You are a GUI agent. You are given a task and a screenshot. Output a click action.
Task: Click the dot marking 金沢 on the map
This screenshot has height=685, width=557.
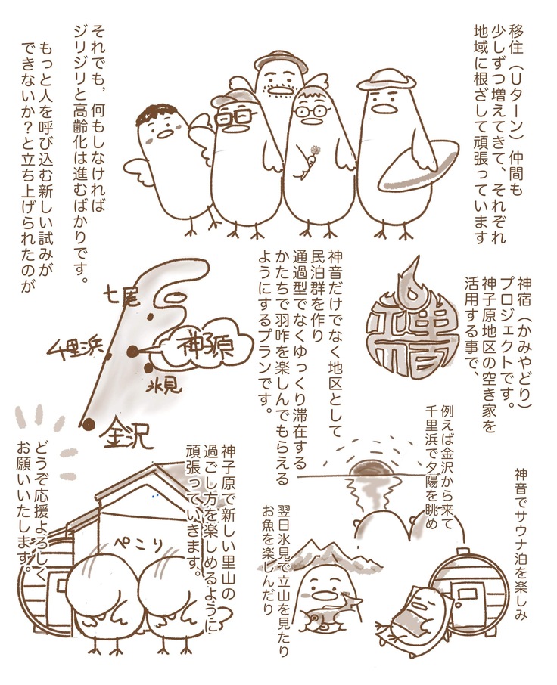pyautogui.click(x=89, y=423)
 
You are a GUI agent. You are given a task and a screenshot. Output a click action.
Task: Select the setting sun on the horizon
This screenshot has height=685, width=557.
pyautogui.click(x=371, y=470)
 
